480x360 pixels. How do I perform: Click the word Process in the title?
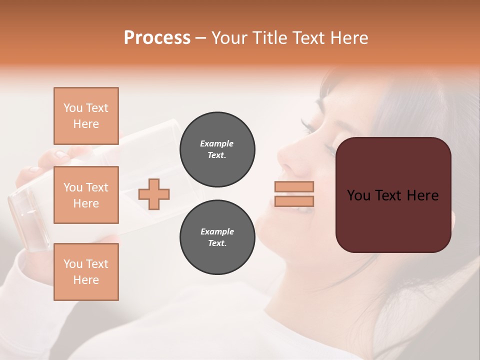(x=157, y=38)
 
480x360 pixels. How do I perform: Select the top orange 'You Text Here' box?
(x=86, y=116)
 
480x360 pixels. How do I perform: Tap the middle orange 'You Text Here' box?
(x=86, y=195)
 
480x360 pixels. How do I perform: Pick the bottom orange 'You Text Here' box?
(x=86, y=272)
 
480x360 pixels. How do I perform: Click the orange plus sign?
(x=154, y=194)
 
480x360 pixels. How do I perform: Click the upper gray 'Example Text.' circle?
(x=217, y=149)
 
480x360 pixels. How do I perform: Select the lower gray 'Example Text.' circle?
(x=217, y=237)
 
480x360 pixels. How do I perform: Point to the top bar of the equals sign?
(x=294, y=187)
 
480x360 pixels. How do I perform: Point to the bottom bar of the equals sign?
(x=294, y=201)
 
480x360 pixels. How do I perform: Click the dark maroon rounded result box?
(x=393, y=195)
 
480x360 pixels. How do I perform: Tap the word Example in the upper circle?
(x=216, y=143)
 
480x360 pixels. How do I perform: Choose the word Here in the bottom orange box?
(x=86, y=280)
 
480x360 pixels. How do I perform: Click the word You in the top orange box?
(x=73, y=108)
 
